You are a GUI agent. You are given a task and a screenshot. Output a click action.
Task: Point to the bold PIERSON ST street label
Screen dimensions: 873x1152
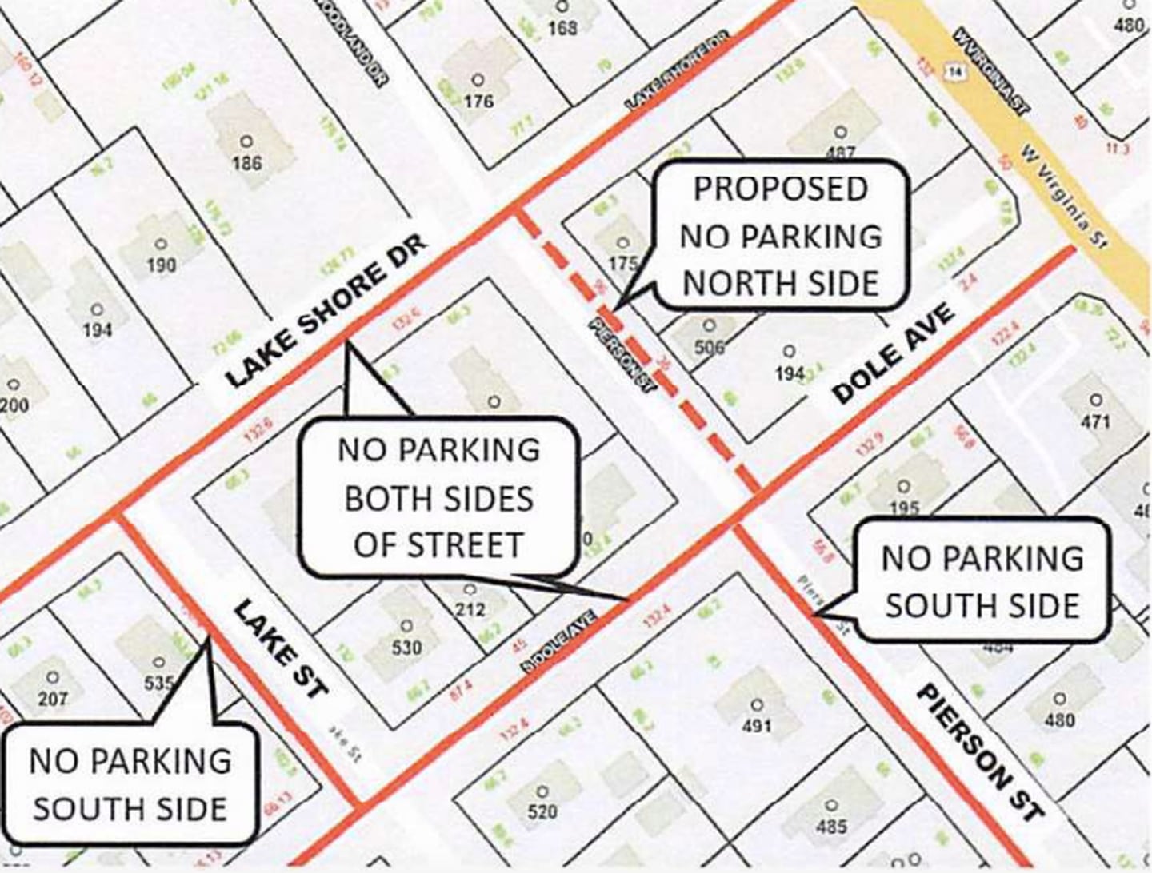pyautogui.click(x=980, y=751)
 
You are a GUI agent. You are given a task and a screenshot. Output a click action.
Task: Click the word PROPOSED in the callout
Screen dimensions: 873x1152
pyautogui.click(x=780, y=189)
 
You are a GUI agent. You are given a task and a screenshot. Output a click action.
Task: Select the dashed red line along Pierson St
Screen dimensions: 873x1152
pyautogui.click(x=640, y=352)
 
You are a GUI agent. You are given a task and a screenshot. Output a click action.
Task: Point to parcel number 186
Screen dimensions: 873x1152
pyautogui.click(x=246, y=163)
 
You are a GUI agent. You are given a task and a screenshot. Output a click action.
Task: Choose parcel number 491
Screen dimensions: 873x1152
pyautogui.click(x=757, y=725)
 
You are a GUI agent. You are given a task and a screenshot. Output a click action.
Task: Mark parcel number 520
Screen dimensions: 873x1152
pyautogui.click(x=542, y=812)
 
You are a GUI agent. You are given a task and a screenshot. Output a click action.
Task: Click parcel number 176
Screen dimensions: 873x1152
pyautogui.click(x=478, y=101)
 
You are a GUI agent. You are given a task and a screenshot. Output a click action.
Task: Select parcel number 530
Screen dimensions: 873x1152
pyautogui.click(x=406, y=646)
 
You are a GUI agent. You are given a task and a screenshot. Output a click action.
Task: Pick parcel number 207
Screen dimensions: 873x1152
pyautogui.click(x=53, y=699)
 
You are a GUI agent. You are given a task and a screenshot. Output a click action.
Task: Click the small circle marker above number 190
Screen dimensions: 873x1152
pyautogui.click(x=162, y=245)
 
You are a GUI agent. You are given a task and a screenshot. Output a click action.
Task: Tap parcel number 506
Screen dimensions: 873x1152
pyautogui.click(x=709, y=347)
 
